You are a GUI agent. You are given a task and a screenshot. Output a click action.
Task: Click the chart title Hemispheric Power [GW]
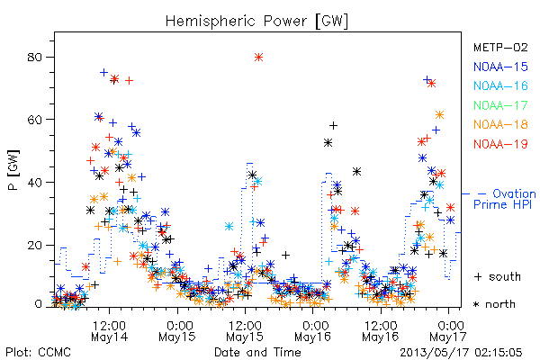256,22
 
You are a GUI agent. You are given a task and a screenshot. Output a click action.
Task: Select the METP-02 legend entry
500,47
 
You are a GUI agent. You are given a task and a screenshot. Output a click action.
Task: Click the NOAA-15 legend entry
500,67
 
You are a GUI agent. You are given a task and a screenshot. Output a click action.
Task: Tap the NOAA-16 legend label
500,85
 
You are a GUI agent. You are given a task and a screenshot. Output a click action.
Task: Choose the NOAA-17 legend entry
500,105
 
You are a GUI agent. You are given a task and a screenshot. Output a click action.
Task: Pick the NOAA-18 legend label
500,124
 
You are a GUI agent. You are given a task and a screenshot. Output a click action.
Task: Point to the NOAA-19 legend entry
500,144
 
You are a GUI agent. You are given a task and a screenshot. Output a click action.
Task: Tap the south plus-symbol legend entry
498,276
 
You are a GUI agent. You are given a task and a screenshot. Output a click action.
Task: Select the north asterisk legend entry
494,304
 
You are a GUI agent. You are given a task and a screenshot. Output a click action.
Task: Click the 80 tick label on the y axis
35,58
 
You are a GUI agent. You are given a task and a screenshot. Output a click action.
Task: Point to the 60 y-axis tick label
35,120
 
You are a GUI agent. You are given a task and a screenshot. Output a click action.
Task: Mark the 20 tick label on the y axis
35,246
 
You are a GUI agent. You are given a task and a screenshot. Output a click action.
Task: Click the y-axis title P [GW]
13,170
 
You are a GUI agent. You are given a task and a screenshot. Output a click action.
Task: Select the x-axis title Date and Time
257,352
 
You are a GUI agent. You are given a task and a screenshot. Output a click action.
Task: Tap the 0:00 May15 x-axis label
177,330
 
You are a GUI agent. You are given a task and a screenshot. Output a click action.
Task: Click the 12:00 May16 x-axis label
381,330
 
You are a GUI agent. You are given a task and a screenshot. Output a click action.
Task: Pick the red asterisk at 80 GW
258,58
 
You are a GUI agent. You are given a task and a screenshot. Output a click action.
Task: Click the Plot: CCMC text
38,352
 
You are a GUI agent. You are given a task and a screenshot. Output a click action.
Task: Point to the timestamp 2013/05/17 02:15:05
461,352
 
